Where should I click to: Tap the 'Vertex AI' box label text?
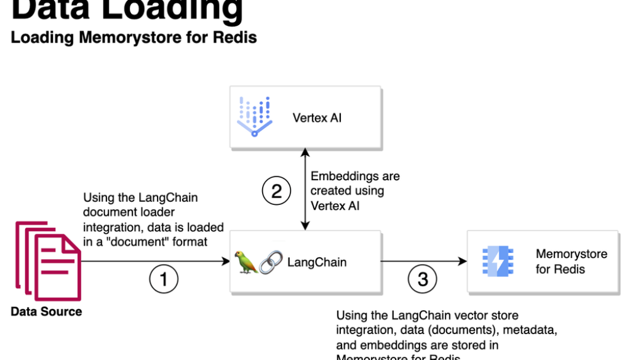point(317,117)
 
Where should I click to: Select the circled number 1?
point(164,279)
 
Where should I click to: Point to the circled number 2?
point(276,191)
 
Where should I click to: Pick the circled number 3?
point(423,279)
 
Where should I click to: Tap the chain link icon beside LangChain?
point(271,262)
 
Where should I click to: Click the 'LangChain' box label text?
point(317,262)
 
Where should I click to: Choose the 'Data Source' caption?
point(46,311)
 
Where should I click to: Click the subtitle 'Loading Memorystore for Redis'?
point(134,38)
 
